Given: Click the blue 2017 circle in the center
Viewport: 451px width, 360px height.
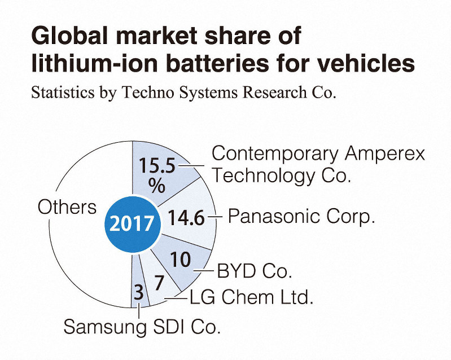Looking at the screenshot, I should [x=133, y=223].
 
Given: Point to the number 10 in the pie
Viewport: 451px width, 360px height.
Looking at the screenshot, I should [x=180, y=258].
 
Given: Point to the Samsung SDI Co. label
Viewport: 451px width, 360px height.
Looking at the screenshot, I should [x=142, y=326].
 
